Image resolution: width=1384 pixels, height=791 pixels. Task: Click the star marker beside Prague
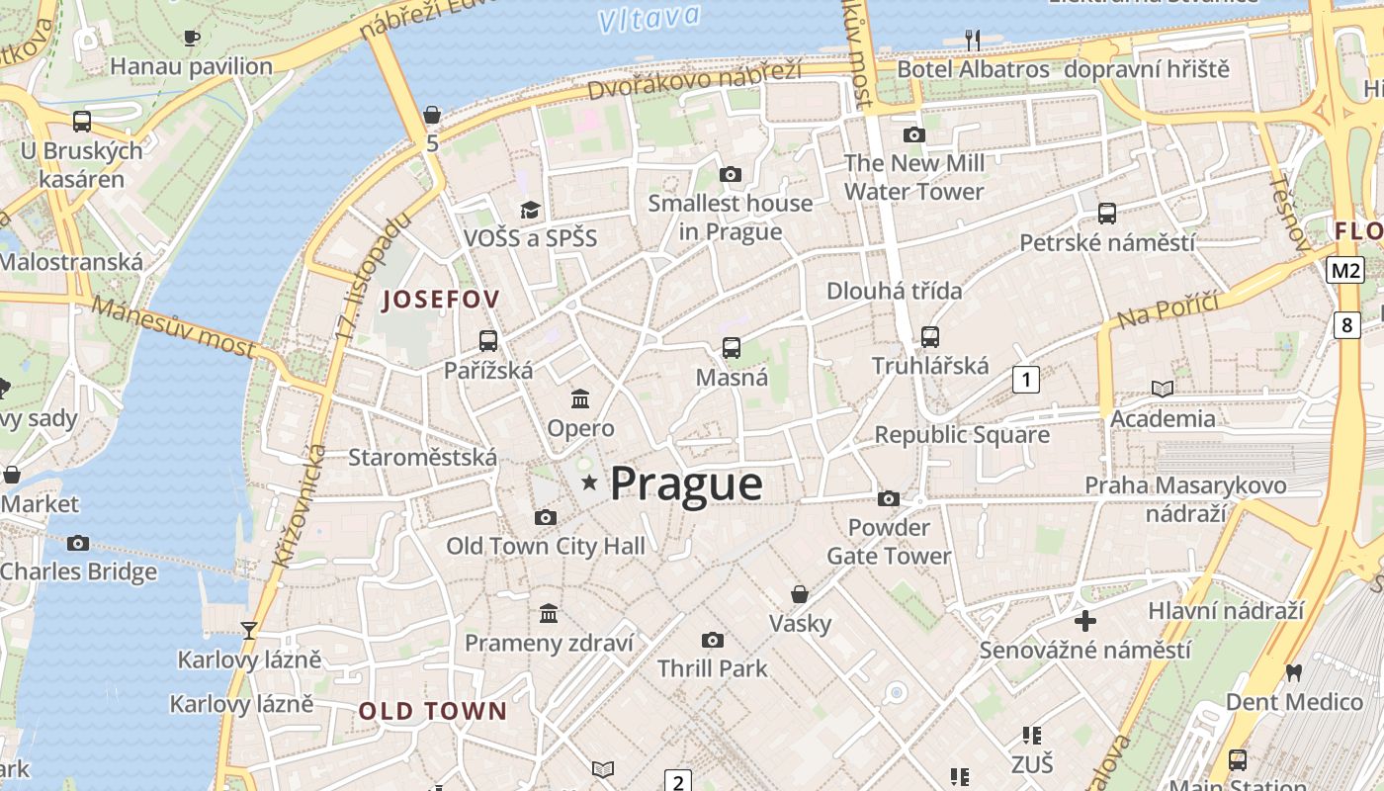tap(590, 483)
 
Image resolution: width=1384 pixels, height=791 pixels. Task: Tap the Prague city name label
tap(686, 484)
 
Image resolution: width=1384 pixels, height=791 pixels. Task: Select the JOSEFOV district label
tap(441, 300)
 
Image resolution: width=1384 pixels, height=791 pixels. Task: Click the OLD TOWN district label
tap(432, 711)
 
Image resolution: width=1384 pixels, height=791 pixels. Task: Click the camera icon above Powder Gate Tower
tap(889, 498)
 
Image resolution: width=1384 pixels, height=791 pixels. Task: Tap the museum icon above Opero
tap(580, 399)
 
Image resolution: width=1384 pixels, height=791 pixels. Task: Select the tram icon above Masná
tap(732, 348)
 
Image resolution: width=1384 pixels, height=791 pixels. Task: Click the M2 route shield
tap(1346, 270)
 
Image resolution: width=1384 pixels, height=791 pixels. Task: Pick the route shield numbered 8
tap(1346, 324)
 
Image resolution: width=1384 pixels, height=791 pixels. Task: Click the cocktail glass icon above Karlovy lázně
tap(249, 630)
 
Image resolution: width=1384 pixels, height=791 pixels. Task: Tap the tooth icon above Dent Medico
tap(1293, 672)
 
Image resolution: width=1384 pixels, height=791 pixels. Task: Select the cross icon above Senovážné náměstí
tap(1085, 621)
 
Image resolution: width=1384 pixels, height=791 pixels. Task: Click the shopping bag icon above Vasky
tap(800, 594)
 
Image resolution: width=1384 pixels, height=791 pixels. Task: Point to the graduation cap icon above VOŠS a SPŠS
tap(531, 210)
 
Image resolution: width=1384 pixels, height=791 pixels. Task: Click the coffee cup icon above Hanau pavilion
tap(192, 38)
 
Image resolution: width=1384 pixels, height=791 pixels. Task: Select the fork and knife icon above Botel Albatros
tap(973, 40)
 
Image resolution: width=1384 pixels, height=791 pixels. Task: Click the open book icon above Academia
tap(1163, 389)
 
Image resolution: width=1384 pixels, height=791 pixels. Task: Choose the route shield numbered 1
tap(1026, 379)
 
